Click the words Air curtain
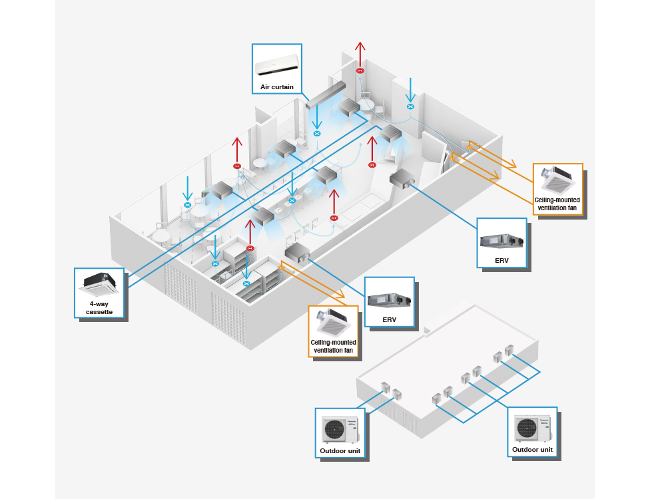pyautogui.click(x=277, y=87)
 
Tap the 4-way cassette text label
pyautogui.click(x=100, y=307)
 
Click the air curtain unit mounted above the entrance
pyautogui.click(x=326, y=95)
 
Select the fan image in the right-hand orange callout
pyautogui.click(x=558, y=178)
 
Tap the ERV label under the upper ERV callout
pyautogui.click(x=501, y=260)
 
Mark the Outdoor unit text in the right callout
pyautogui.click(x=532, y=450)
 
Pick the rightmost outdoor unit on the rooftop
pyautogui.click(x=509, y=349)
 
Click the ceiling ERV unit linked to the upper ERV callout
pyautogui.click(x=402, y=178)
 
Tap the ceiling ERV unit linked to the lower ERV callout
pyautogui.click(x=298, y=251)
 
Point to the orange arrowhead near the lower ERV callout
pyautogui.click(x=340, y=293)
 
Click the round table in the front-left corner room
pyautogui.click(x=161, y=235)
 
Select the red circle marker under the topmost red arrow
pyautogui.click(x=360, y=71)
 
